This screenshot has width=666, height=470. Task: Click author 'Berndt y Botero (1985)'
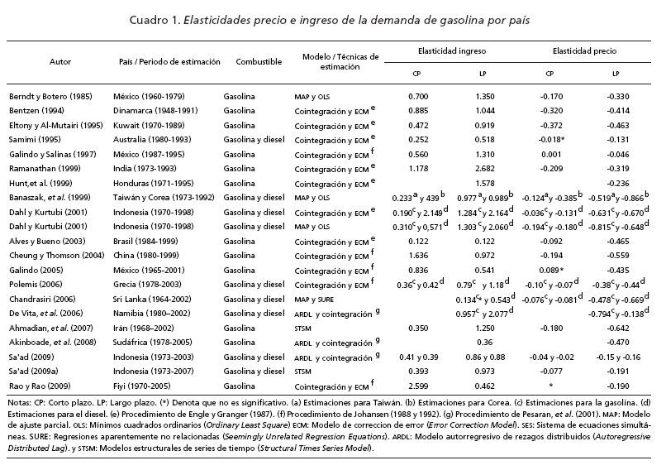50,96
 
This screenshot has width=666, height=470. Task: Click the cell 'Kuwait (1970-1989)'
151,124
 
